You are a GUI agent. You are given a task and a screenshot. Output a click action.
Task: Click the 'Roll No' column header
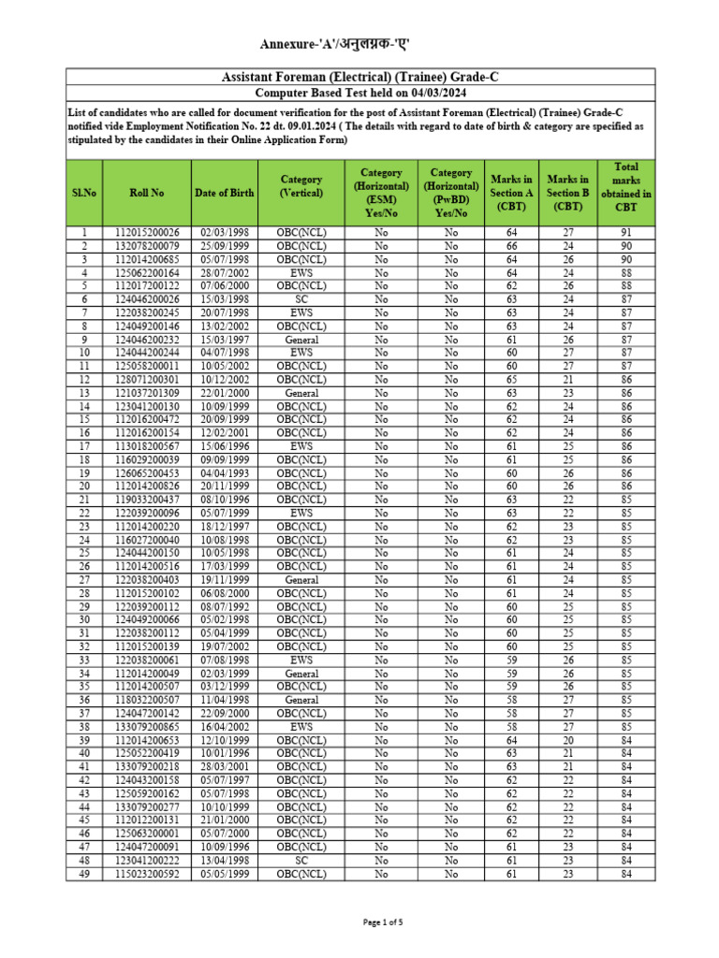147,193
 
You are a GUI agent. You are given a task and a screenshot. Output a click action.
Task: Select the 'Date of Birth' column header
224,193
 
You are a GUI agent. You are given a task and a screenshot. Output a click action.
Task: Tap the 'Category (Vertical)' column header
301,186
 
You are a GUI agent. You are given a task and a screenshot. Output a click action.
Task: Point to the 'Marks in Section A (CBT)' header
511,193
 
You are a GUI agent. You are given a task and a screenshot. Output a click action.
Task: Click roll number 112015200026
147,233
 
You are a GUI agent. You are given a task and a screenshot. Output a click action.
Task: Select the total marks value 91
625,233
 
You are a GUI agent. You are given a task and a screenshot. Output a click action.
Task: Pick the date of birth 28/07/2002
224,272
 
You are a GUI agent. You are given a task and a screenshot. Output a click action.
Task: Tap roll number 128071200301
147,380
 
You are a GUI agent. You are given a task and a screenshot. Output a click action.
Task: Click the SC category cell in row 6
301,299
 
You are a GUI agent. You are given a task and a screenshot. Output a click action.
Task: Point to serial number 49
84,874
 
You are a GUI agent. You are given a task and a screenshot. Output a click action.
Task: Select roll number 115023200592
147,874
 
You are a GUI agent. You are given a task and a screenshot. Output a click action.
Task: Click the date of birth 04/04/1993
224,473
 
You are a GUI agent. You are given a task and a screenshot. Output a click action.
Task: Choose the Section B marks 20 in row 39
567,740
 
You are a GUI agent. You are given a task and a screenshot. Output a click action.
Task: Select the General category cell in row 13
301,393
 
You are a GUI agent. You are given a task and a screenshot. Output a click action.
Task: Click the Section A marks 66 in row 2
511,246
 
